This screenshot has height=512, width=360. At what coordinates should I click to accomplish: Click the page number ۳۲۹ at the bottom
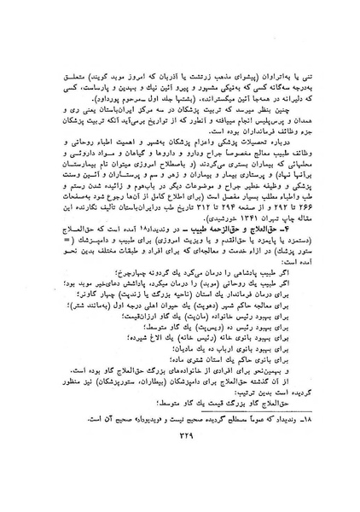tap(180, 486)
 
